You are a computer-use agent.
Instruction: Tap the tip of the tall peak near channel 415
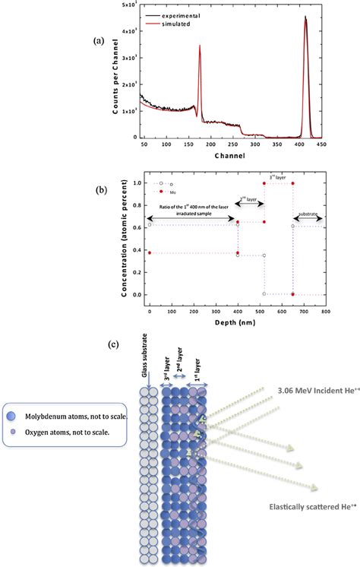305,19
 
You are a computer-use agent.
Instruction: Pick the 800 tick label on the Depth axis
324,312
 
